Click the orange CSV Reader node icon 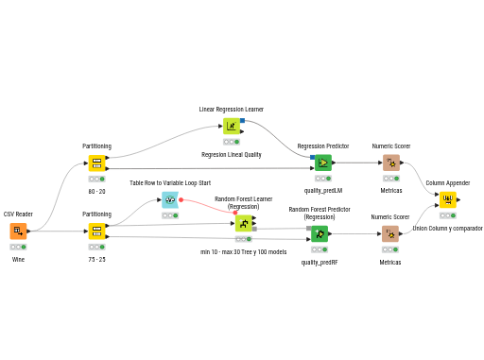click(18, 231)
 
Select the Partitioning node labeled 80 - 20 click(96, 163)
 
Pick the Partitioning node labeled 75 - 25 click(96, 231)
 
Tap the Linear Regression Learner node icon click(232, 126)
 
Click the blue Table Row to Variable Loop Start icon click(170, 199)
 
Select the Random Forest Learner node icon click(244, 223)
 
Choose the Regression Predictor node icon click(323, 163)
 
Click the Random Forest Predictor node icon click(320, 233)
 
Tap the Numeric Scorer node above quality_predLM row click(391, 163)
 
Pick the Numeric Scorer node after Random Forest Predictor click(390, 233)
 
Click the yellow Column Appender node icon click(448, 199)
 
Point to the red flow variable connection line click(208, 205)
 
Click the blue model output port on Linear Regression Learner click(242, 120)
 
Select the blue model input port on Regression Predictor click(312, 157)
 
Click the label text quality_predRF click(320, 263)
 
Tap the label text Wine click(18, 260)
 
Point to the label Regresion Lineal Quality click(232, 155)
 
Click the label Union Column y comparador click(447, 229)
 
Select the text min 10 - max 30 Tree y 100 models click(244, 252)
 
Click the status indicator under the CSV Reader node click(18, 247)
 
